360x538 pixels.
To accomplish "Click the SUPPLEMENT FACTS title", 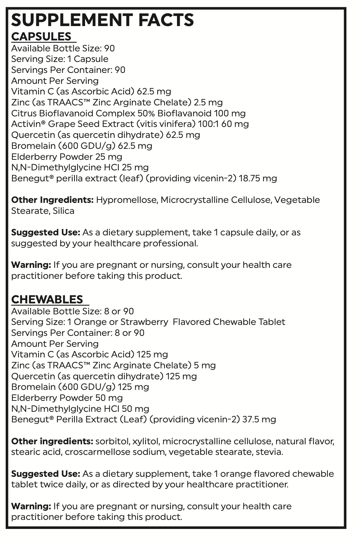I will (x=102, y=20).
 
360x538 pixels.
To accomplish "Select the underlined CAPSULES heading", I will (x=41, y=37).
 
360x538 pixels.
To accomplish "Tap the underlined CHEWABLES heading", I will (x=47, y=299).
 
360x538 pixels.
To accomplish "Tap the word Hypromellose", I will (x=127, y=200).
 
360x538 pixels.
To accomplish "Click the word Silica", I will (x=64, y=211).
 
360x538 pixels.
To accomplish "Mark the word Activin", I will (x=26, y=124).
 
